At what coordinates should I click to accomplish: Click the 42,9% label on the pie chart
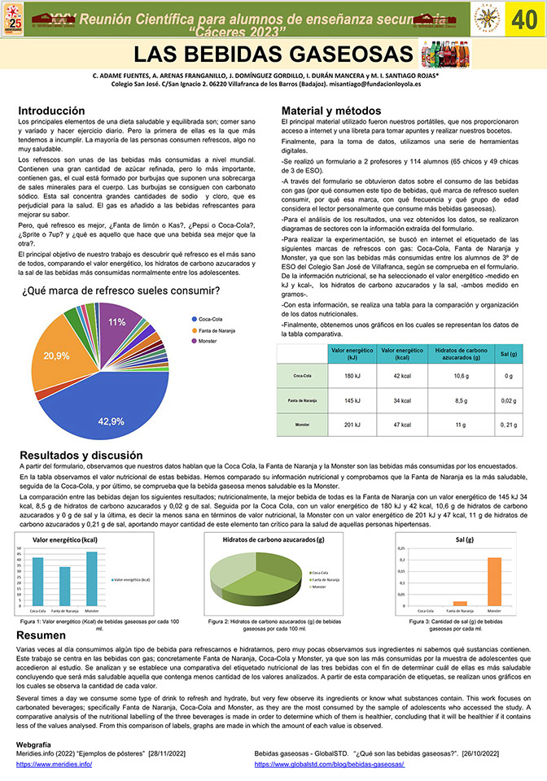[111, 421]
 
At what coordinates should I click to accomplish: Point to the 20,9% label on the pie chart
[56, 356]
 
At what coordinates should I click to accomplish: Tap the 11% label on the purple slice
[117, 322]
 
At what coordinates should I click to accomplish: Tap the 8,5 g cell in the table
[460, 400]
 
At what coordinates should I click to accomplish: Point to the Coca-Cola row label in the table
[302, 376]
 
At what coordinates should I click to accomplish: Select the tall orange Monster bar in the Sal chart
[493, 581]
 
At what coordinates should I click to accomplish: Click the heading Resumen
[42, 635]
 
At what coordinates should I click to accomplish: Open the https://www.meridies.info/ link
[54, 766]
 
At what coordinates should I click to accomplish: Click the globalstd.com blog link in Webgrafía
[329, 766]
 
